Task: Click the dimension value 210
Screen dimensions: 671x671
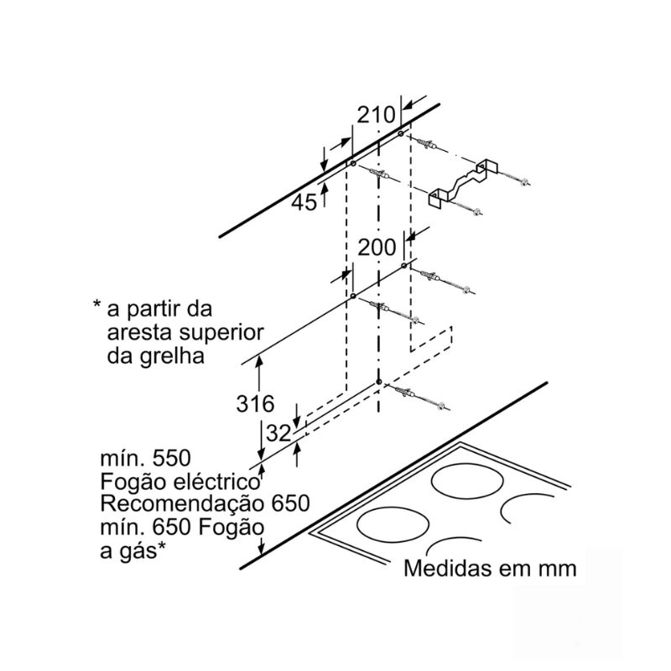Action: pyautogui.click(x=376, y=115)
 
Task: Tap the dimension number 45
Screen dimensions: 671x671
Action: pyautogui.click(x=304, y=202)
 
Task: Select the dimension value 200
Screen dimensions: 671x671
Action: pyautogui.click(x=377, y=247)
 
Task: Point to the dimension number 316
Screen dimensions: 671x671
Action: pyautogui.click(x=255, y=403)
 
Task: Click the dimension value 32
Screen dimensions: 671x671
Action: pyautogui.click(x=278, y=434)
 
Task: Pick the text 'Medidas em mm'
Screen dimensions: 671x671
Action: pyautogui.click(x=490, y=569)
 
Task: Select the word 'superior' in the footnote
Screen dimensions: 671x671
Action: pyautogui.click(x=221, y=333)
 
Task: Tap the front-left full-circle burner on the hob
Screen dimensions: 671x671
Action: pyautogui.click(x=393, y=525)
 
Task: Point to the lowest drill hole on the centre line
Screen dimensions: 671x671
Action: pyautogui.click(x=379, y=382)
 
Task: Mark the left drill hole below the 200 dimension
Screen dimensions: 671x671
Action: pyautogui.click(x=352, y=296)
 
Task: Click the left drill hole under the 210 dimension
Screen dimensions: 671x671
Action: pyautogui.click(x=353, y=164)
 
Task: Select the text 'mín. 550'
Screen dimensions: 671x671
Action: pyautogui.click(x=145, y=458)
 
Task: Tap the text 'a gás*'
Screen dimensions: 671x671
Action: pyautogui.click(x=133, y=551)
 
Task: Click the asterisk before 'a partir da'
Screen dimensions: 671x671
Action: pyautogui.click(x=96, y=304)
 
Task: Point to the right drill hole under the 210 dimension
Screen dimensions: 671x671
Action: pyautogui.click(x=401, y=133)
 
